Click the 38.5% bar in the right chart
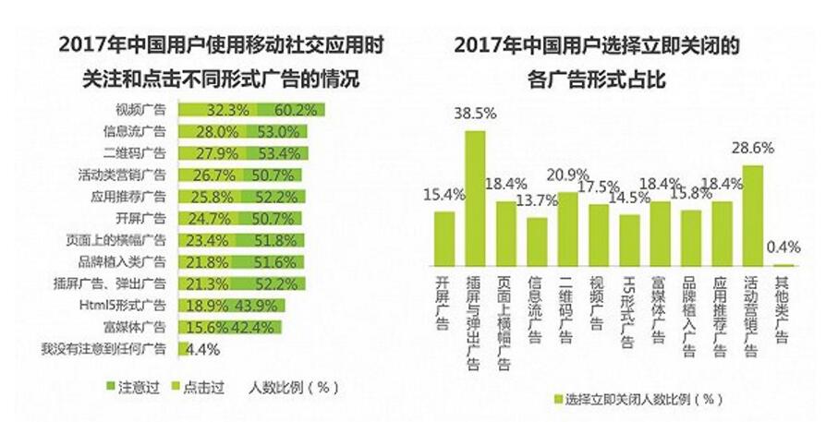(x=475, y=199)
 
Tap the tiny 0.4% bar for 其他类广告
(x=783, y=266)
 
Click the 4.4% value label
(x=202, y=349)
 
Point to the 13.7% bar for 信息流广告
(x=537, y=242)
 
